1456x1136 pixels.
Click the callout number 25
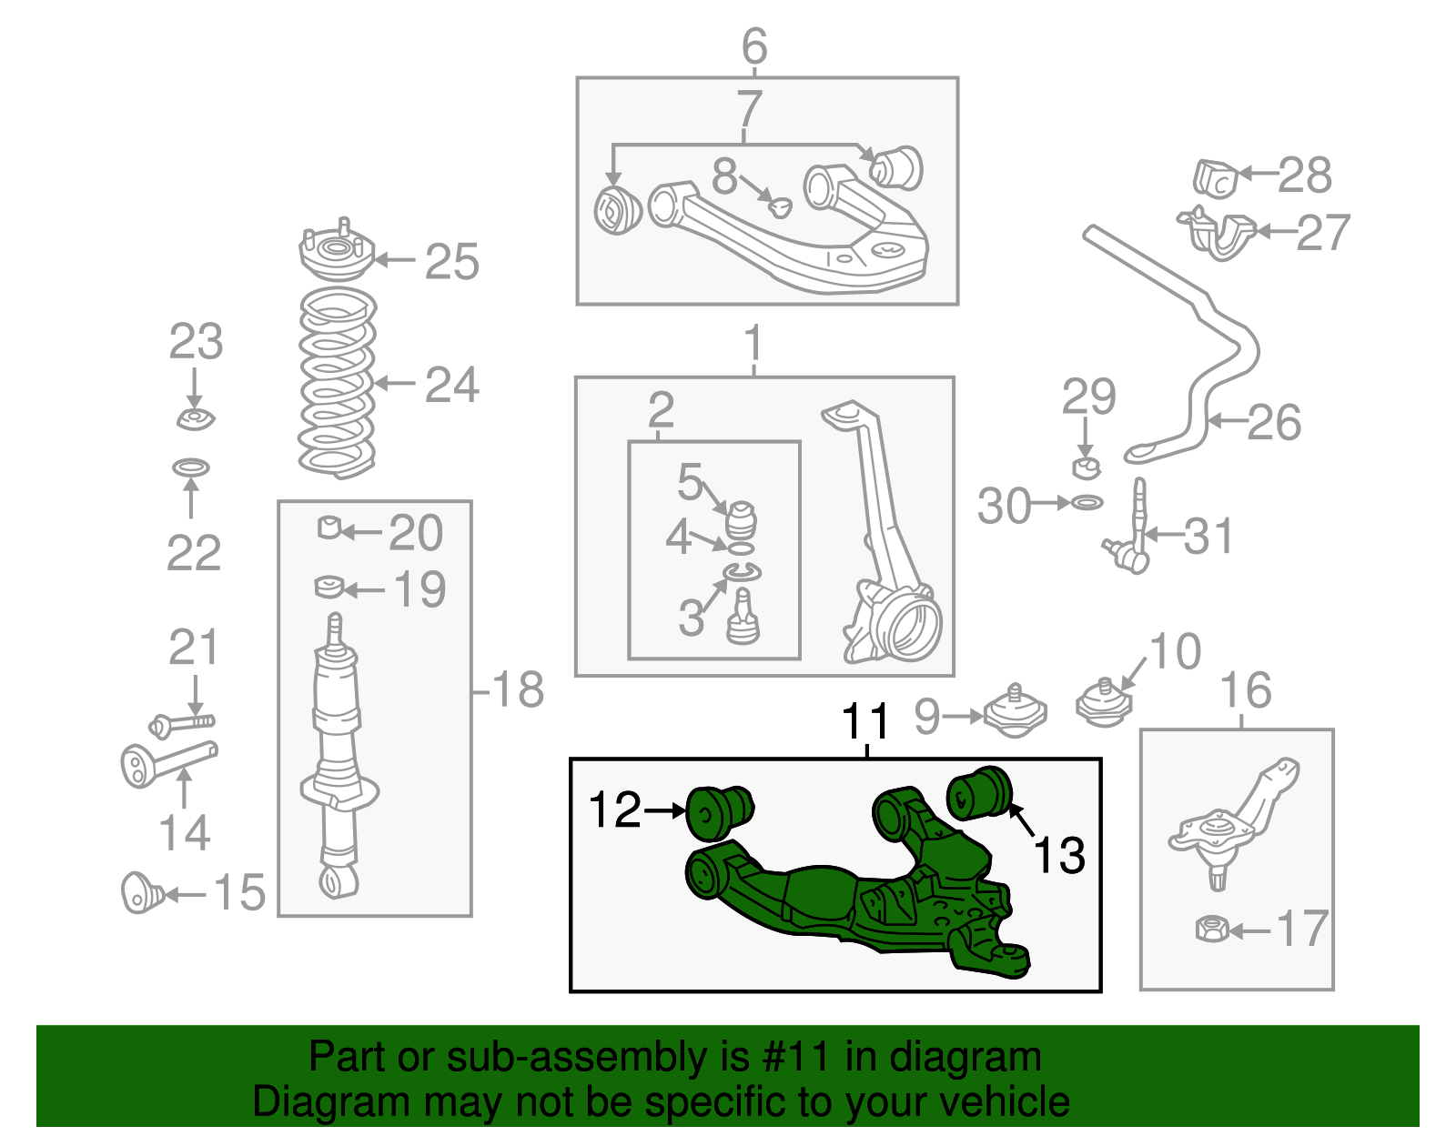[451, 263]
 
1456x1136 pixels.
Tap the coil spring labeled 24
[338, 383]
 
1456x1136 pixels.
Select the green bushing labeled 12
[717, 812]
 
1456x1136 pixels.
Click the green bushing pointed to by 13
[979, 792]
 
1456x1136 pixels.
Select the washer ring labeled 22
[191, 467]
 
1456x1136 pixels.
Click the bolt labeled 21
[181, 723]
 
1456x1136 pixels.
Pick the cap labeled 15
[140, 893]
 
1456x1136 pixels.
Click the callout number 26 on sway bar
[1274, 422]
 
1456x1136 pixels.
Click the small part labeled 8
[779, 206]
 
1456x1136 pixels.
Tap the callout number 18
[518, 690]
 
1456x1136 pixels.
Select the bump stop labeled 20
[329, 527]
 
